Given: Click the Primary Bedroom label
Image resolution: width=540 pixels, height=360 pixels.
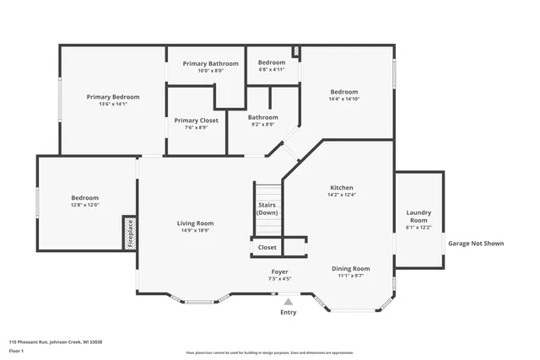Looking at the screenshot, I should [x=113, y=97].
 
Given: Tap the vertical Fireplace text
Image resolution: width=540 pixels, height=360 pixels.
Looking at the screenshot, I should [x=130, y=233].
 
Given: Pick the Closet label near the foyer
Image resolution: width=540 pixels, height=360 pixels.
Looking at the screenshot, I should [x=267, y=247].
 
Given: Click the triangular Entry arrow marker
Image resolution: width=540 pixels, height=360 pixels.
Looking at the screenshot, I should [x=288, y=301].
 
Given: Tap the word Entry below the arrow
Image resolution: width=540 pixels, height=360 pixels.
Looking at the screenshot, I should [x=288, y=312].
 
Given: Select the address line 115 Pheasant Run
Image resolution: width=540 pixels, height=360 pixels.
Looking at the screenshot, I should [x=56, y=341].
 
